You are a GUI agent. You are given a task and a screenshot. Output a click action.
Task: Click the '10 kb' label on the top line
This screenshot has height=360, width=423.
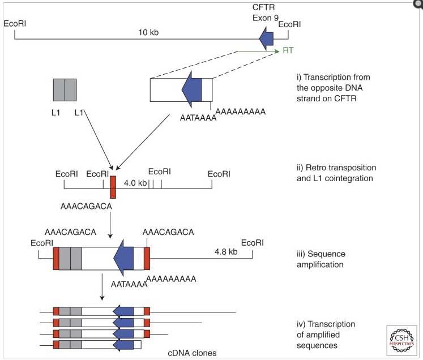click(148, 32)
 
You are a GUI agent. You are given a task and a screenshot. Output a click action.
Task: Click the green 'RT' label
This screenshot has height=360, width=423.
click(288, 51)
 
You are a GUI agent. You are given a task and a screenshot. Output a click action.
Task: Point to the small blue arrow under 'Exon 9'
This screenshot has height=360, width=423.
click(266, 38)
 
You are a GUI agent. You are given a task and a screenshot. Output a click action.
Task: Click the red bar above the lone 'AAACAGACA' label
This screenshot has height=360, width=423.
click(113, 187)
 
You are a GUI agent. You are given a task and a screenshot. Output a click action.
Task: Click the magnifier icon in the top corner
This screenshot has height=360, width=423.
click(418, 4)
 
